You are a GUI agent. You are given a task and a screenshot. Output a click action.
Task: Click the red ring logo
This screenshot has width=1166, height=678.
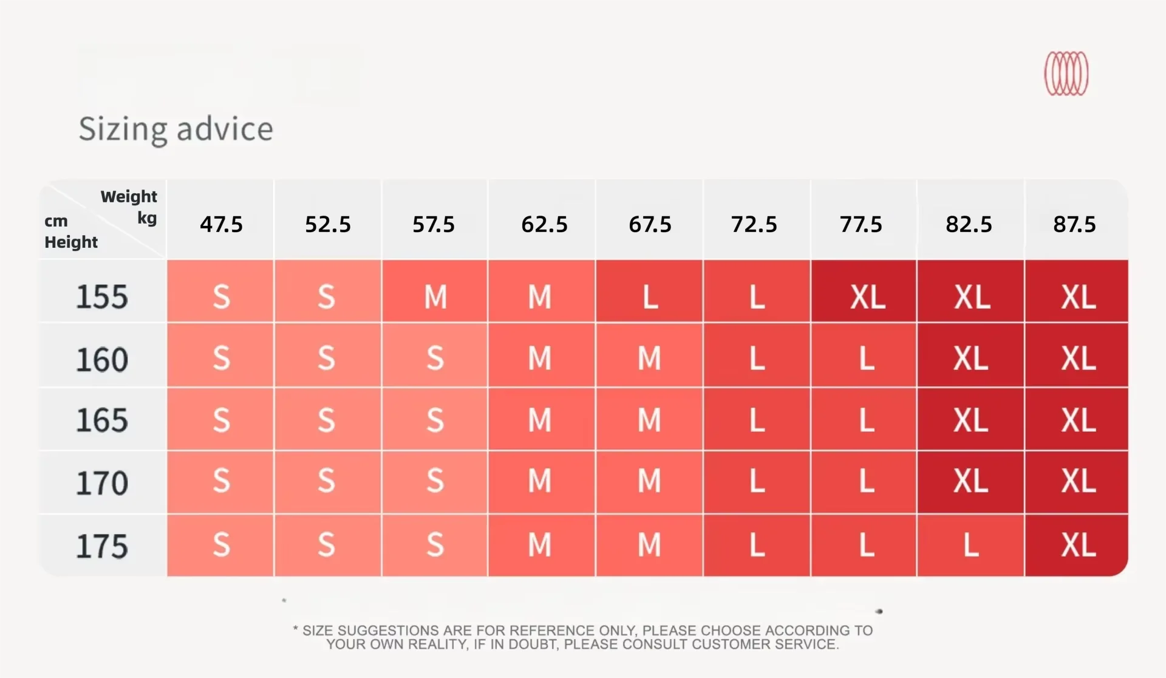click(1066, 74)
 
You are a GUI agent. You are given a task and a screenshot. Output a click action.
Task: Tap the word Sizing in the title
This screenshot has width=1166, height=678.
click(123, 130)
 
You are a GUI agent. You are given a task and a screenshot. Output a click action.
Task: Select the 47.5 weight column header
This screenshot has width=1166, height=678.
click(221, 224)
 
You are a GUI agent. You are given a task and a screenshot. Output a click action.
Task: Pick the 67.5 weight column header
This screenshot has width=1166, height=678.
click(650, 224)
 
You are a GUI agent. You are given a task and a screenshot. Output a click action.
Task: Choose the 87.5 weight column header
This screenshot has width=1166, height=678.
click(1074, 224)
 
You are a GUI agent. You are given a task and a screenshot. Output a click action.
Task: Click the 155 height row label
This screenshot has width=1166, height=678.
click(102, 297)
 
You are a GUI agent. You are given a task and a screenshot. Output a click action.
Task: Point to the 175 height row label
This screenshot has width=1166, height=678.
click(102, 546)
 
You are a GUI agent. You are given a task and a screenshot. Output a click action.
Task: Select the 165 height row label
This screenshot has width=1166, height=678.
click(102, 420)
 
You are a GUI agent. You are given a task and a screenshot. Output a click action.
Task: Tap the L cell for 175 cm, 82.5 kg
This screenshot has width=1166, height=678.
click(970, 545)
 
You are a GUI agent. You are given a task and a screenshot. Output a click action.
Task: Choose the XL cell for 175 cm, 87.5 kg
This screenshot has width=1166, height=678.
click(1076, 545)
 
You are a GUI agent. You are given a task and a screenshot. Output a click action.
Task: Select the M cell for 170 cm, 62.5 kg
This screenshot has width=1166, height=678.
click(541, 482)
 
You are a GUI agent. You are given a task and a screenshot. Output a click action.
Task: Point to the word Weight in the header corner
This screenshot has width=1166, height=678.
click(129, 197)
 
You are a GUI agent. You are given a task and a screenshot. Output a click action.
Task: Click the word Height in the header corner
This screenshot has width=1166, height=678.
click(71, 242)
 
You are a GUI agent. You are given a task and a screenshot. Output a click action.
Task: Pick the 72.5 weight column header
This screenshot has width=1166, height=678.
click(754, 224)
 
